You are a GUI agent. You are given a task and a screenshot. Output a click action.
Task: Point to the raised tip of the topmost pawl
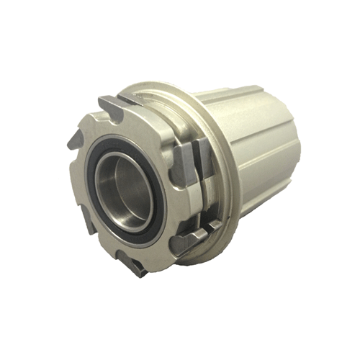(101, 100)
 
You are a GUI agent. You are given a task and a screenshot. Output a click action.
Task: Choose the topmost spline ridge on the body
(238, 97)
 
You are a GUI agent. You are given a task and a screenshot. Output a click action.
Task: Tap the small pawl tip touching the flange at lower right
(212, 226)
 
